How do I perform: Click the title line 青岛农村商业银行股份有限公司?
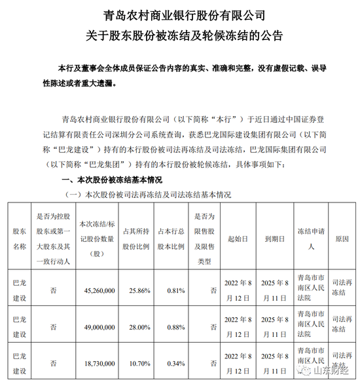(x=179, y=14)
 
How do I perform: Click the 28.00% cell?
(x=133, y=324)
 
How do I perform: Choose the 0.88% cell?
(x=171, y=324)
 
